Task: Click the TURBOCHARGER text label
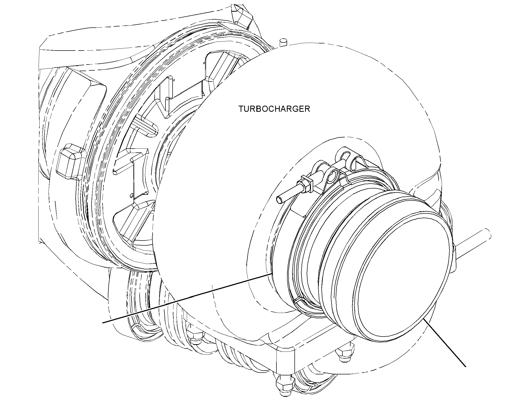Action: pyautogui.click(x=274, y=109)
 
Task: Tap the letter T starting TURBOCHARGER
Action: pyautogui.click(x=241, y=109)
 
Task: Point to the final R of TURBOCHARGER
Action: pyautogui.click(x=307, y=109)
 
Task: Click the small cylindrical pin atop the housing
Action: pyautogui.click(x=283, y=42)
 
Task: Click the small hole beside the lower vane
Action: pyautogui.click(x=131, y=196)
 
